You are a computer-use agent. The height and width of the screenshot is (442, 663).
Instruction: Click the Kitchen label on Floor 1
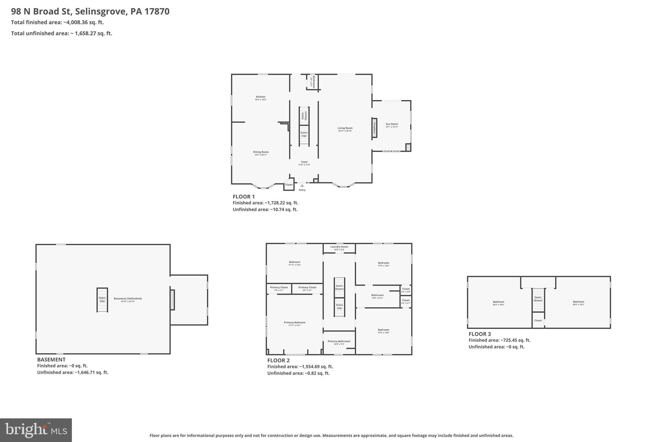[261, 97]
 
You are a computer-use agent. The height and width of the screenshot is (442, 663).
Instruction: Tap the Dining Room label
[261, 152]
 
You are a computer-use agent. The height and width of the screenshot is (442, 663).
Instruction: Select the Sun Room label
[392, 124]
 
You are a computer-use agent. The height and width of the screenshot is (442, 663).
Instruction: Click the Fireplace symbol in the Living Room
[374, 128]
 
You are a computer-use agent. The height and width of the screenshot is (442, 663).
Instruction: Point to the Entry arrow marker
[302, 186]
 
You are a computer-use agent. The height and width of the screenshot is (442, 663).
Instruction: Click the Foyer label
[304, 162]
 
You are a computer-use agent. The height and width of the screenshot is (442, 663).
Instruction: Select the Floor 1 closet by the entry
[289, 185]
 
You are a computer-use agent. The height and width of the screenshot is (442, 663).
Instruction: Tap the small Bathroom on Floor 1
[312, 82]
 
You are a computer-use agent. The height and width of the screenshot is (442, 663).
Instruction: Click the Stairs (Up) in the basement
[102, 300]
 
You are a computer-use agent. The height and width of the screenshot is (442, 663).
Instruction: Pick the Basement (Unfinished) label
[128, 299]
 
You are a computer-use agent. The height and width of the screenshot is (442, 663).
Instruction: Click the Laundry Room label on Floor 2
[339, 247]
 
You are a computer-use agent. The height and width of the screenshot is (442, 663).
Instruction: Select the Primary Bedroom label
[295, 323]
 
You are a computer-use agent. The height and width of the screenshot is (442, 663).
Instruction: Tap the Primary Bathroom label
[339, 342]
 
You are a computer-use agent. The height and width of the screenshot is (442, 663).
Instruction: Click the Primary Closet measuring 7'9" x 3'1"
[279, 288]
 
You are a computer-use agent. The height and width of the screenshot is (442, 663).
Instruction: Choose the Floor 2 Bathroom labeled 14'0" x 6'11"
[377, 296]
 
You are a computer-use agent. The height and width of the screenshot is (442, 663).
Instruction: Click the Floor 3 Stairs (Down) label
[538, 299]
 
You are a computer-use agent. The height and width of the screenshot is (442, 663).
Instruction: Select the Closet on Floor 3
[538, 321]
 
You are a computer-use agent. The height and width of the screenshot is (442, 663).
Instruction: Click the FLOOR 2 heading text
[278, 360]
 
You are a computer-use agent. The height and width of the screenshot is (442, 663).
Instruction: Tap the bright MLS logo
[36, 430]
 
